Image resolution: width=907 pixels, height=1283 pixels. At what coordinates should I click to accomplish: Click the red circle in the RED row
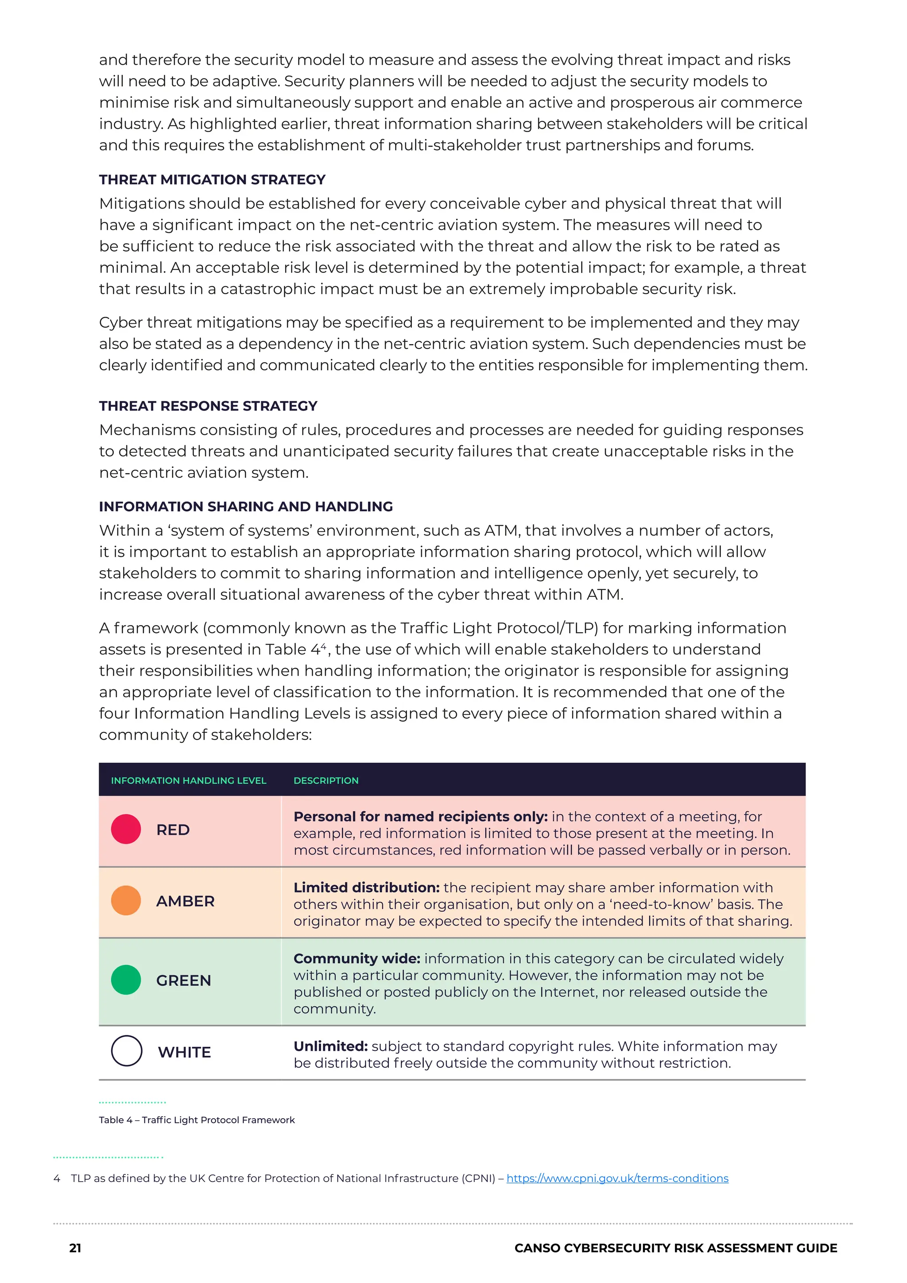pos(126,829)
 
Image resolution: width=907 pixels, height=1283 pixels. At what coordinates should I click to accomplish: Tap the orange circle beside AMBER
pos(126,900)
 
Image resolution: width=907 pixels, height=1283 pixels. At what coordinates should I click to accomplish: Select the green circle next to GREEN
pos(126,980)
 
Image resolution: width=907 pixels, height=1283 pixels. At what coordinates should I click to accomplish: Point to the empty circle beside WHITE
pos(126,1051)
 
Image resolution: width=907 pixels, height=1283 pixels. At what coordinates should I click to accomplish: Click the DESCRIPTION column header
pos(326,781)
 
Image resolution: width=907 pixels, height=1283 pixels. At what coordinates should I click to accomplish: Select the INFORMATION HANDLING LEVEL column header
pos(188,781)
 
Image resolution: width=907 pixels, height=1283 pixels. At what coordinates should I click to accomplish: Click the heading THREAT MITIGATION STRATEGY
pos(212,180)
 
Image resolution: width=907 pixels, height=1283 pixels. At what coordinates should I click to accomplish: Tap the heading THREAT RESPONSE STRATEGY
pos(208,406)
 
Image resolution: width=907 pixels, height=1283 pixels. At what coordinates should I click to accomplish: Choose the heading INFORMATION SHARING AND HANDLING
pos(246,507)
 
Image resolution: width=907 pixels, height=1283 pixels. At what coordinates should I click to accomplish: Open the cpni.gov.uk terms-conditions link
pos(617,1178)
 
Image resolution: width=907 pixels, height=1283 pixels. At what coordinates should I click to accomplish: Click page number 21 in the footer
pos(75,1248)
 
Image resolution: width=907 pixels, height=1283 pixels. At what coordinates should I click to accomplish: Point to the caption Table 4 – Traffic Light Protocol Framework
pos(197,1120)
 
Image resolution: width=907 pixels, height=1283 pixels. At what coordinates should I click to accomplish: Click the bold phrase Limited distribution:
pos(366,888)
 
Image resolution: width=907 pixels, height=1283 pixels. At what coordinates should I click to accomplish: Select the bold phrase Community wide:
pos(357,959)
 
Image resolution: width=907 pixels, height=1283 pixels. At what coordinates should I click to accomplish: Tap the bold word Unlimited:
pos(330,1046)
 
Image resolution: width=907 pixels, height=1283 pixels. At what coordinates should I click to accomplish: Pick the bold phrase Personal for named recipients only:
pos(420,817)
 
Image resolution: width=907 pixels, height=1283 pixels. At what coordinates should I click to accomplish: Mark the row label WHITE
pos(184,1052)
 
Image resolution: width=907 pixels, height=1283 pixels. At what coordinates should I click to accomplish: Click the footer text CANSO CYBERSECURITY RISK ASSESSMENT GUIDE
pos(675,1248)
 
